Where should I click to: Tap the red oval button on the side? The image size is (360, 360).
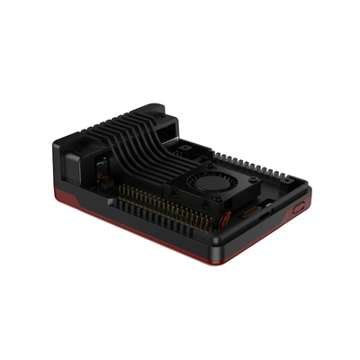298,207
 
